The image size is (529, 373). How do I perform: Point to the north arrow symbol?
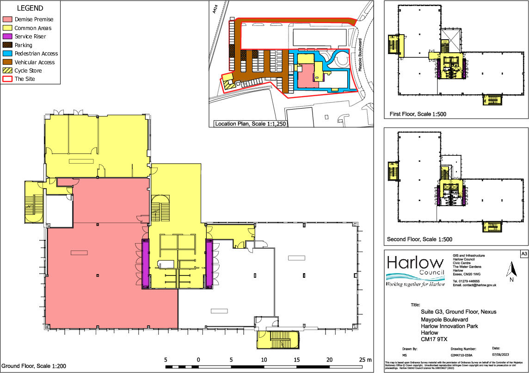(x=511, y=272)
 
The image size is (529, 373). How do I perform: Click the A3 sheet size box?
(x=523, y=254)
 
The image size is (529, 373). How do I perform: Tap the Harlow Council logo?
(x=415, y=271)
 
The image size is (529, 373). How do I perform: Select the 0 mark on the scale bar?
(x=198, y=360)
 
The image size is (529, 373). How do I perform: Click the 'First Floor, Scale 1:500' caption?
(x=418, y=114)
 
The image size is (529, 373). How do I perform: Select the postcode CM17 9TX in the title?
(x=433, y=339)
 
